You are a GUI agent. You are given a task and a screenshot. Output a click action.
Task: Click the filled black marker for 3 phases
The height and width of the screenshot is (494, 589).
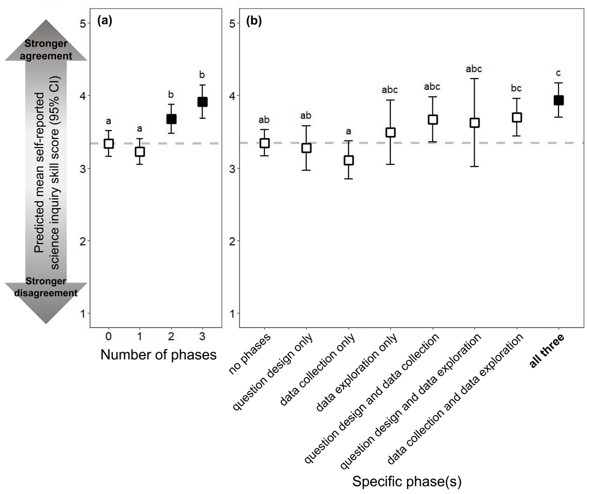click(202, 102)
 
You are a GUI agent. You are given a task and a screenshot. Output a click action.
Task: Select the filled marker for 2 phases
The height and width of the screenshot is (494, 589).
click(171, 119)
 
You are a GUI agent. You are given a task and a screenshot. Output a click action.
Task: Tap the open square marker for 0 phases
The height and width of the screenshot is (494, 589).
click(108, 143)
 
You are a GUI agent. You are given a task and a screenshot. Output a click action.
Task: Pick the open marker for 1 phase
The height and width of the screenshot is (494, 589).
click(140, 151)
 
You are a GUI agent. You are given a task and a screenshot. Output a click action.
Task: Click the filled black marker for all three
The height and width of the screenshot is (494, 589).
click(558, 100)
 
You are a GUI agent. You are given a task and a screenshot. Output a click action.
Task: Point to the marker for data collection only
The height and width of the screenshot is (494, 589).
click(348, 160)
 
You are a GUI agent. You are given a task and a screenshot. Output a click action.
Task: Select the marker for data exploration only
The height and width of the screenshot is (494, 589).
click(390, 132)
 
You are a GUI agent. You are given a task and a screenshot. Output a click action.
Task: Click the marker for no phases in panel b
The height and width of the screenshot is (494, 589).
click(265, 143)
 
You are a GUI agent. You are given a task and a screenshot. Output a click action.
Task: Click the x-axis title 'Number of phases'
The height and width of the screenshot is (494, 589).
click(159, 355)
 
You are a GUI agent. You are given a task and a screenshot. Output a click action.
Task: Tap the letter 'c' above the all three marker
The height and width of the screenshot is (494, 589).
click(558, 73)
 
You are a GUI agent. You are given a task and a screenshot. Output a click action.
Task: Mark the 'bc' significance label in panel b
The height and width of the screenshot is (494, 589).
click(516, 89)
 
